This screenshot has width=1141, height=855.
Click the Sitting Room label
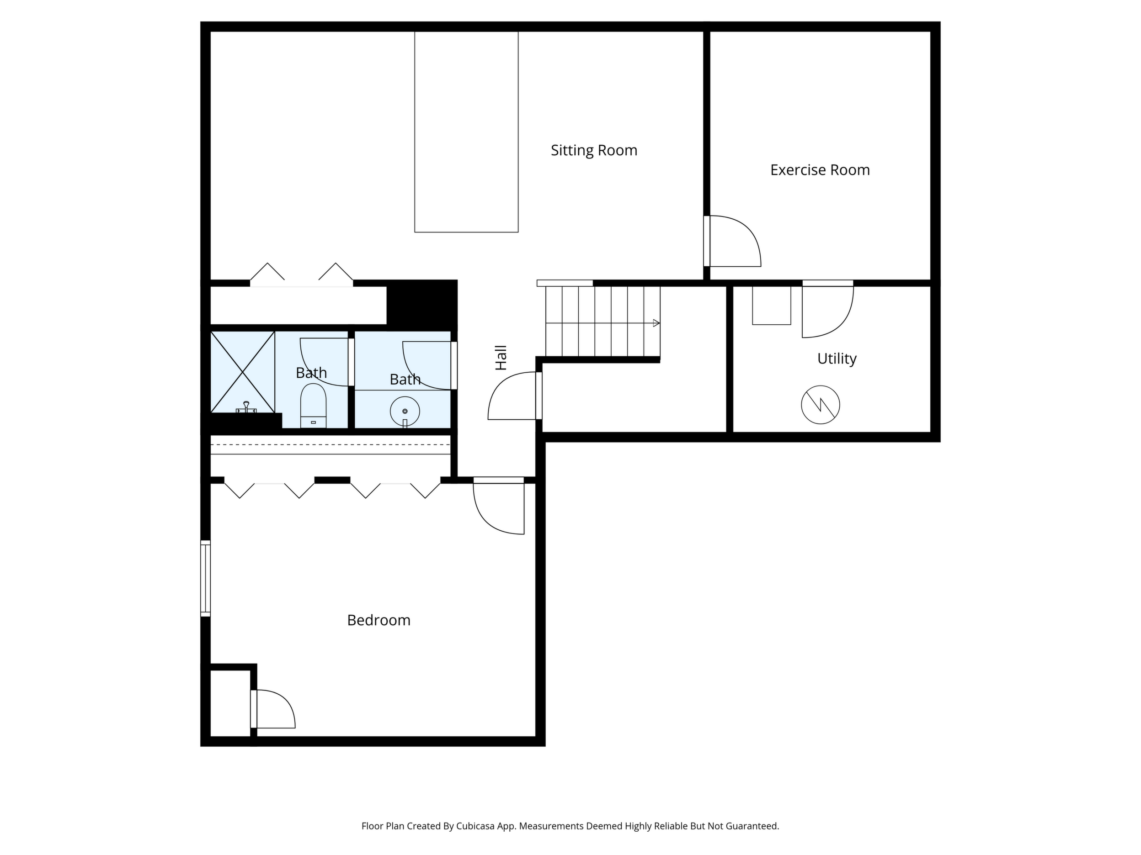point(594,150)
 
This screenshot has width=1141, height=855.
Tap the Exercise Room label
point(820,170)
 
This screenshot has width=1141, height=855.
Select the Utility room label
point(837,359)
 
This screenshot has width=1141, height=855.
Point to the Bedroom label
point(379,620)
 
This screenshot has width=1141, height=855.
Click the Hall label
point(501,358)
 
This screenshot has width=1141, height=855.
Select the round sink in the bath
point(405,411)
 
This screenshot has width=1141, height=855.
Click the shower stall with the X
point(242,372)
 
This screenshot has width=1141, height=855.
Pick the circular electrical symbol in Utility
point(820,405)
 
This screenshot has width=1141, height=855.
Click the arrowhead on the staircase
point(656,323)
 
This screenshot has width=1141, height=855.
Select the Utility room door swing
point(827,309)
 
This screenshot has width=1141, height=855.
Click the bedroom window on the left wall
point(205,578)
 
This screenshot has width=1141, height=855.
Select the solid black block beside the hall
point(422,302)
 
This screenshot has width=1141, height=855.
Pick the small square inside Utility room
point(771,305)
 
